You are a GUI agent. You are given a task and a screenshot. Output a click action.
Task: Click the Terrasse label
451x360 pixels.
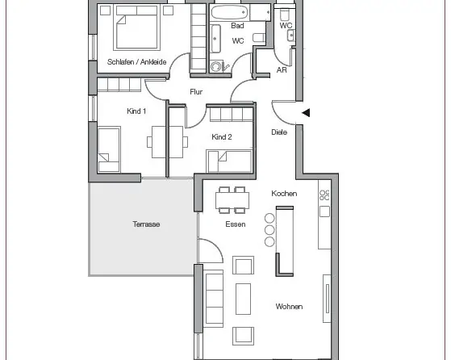coord(146,224)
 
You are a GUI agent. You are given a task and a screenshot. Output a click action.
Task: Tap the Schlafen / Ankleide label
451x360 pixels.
coord(136,62)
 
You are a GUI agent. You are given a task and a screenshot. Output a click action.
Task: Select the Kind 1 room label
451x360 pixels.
coord(136,111)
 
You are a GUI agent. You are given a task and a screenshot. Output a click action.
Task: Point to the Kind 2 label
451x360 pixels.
coord(222,137)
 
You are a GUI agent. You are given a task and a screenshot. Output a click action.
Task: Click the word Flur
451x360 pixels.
coord(196,92)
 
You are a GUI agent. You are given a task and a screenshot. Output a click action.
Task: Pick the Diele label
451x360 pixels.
coord(279,132)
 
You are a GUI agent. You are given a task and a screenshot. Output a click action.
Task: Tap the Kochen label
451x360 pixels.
coord(284,194)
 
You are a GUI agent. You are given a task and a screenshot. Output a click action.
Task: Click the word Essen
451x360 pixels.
coord(236,224)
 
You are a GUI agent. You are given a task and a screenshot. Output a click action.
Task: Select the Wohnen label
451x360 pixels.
coord(289,307)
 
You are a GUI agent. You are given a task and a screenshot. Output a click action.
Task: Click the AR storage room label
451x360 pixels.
coord(282,70)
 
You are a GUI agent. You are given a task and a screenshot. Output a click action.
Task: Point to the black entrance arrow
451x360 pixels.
coord(306,112)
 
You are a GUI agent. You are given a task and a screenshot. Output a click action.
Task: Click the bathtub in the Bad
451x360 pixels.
coord(229,12)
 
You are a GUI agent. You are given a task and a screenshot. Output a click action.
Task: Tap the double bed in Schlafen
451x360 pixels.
coord(137,27)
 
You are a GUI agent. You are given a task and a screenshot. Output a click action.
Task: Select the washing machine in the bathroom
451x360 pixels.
coord(215,67)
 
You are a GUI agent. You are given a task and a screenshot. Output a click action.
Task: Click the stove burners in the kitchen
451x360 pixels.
coord(324,195)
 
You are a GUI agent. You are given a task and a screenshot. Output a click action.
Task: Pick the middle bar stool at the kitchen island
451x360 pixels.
coord(269,230)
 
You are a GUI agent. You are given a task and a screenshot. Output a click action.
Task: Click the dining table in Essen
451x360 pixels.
coord(232,200)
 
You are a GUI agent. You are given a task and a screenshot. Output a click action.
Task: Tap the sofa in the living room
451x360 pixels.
coord(214,299)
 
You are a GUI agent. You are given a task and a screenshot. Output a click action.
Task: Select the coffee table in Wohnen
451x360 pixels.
coord(243,299)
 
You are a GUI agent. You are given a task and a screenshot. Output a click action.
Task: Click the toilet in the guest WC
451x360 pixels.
coord(285,15)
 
